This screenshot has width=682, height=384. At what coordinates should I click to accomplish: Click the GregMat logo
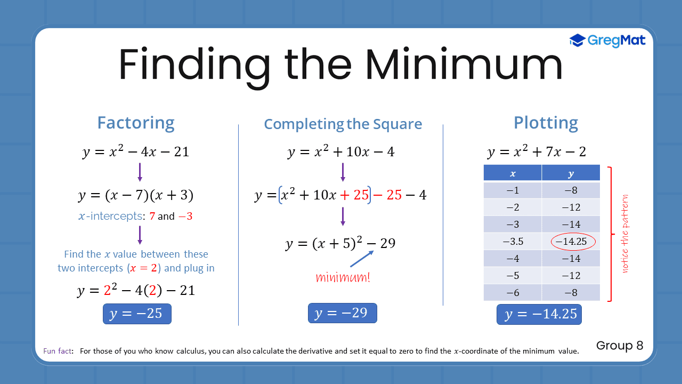pos(607,41)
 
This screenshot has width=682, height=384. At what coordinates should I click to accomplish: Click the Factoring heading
pos(136,123)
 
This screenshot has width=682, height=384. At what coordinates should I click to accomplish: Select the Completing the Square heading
pos(343,124)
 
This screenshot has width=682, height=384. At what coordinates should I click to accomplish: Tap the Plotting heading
pos(546,123)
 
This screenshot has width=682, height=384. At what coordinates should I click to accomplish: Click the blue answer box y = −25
pos(137,314)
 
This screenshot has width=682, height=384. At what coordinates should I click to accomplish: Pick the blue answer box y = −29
pos(342,313)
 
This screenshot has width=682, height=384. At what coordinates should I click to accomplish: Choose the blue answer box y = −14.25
pos(539,314)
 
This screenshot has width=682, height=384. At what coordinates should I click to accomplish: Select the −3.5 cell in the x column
pos(513,242)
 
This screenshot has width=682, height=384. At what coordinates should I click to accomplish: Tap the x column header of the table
pos(513,173)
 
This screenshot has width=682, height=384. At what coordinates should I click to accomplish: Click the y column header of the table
pos(571,173)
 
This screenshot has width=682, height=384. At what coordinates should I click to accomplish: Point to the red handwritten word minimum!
pos(343,278)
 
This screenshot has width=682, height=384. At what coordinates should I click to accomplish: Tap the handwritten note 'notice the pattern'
pos(625,234)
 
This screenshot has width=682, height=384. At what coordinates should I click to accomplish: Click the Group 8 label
pos(620,346)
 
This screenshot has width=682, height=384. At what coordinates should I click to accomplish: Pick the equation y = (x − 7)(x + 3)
pos(136,195)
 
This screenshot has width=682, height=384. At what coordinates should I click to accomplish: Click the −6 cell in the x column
pos(513,292)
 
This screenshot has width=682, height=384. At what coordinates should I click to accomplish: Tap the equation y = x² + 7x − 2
pos(537,152)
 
